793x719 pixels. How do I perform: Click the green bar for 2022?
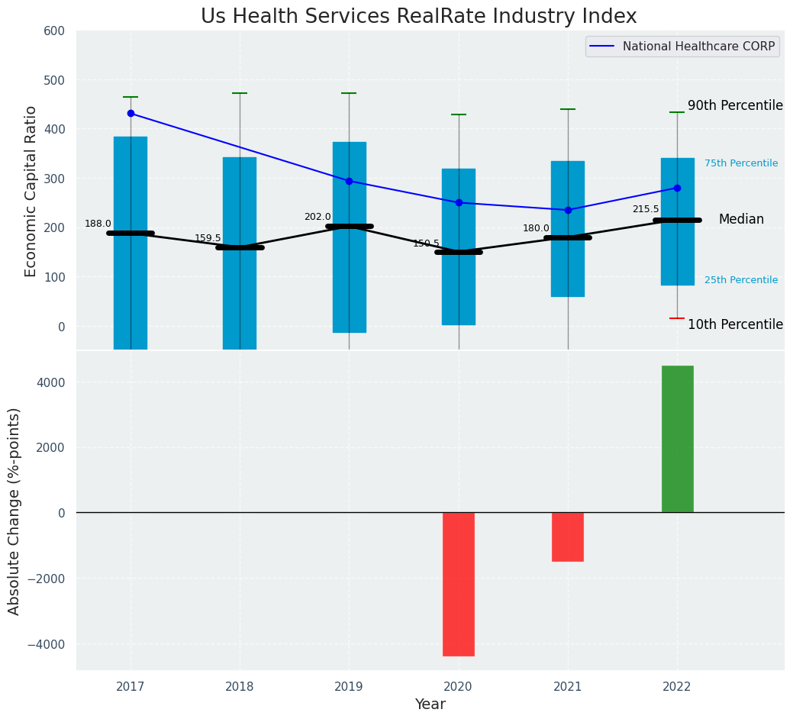pos(677,439)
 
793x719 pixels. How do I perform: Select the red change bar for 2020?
pos(459,584)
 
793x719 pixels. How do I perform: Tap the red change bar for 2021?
pos(568,537)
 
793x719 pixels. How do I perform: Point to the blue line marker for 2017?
pos(131,113)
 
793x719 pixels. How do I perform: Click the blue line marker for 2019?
pos(349,181)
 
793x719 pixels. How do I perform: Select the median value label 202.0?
pos(318,217)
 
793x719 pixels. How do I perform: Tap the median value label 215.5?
pos(646,209)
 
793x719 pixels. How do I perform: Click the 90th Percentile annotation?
pos(735,105)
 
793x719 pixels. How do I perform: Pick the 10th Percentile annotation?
pos(735,324)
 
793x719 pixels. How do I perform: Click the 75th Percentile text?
pos(741,163)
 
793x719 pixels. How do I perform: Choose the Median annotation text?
pos(741,219)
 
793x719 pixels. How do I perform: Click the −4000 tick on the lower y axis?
pos(47,643)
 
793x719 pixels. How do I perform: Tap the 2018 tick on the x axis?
pos(240,687)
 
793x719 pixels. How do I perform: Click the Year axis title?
pos(430,704)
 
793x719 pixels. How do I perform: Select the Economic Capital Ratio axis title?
pos(31,191)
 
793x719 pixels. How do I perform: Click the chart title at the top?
pos(418,17)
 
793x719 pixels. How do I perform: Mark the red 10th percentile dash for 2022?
pos(677,318)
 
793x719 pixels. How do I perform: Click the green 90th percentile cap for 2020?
pos(459,114)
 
